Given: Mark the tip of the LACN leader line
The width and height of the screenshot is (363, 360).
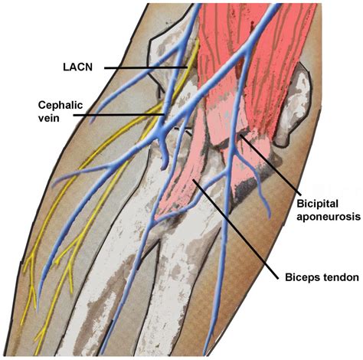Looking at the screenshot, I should tap(186, 68).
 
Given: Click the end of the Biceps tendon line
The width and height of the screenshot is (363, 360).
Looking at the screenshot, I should tap(197, 182).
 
